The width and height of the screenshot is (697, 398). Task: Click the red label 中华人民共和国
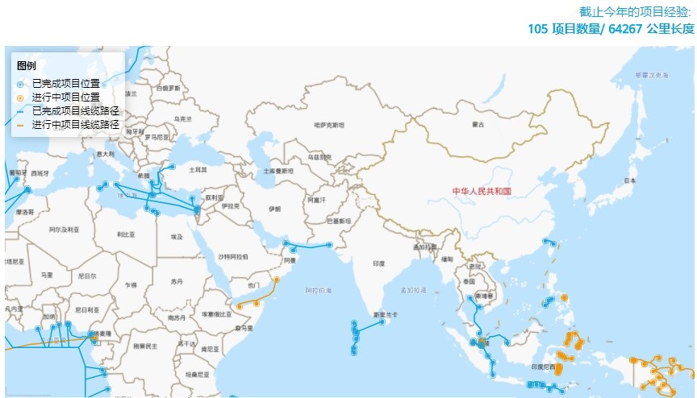[x=482, y=191]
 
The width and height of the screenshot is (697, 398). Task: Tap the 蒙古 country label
[x=478, y=125]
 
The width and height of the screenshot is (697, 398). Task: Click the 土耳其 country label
[x=198, y=170]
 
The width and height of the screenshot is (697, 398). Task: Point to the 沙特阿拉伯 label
[x=233, y=256]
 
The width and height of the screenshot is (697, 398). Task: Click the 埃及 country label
[x=177, y=236]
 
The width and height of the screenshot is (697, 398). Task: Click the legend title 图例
[x=26, y=66]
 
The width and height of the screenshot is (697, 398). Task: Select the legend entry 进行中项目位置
[x=71, y=97]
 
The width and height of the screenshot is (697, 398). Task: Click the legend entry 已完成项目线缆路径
[x=76, y=110]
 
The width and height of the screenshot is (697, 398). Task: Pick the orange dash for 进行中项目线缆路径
[x=19, y=125]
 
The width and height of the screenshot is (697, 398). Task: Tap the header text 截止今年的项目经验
[x=636, y=11]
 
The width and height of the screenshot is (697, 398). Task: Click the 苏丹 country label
[x=177, y=281]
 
